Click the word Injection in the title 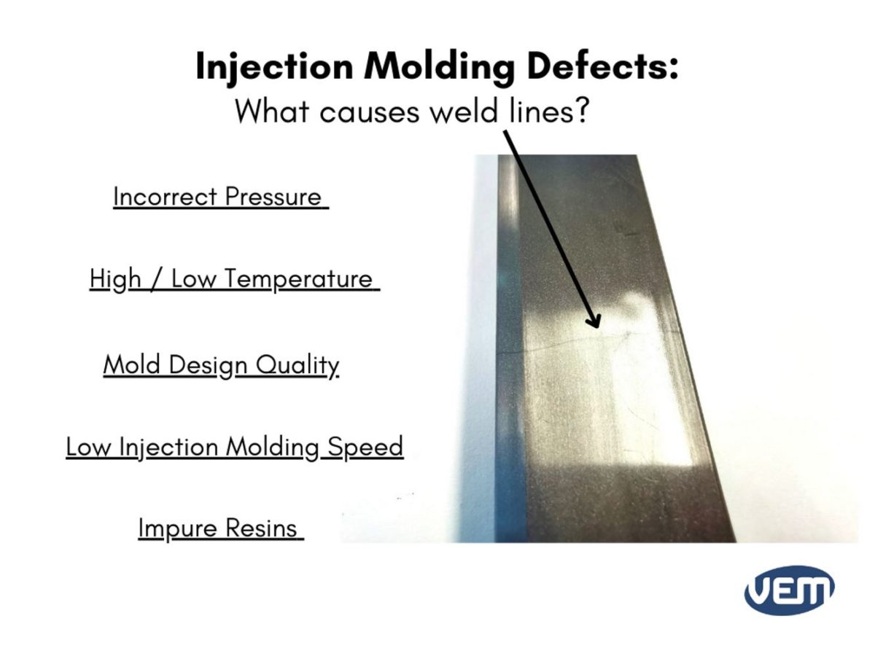[x=274, y=67]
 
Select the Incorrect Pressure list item [x=219, y=197]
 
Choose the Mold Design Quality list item [x=221, y=364]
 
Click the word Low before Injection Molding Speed [x=88, y=446]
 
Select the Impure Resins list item [x=219, y=528]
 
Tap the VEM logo [x=789, y=589]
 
